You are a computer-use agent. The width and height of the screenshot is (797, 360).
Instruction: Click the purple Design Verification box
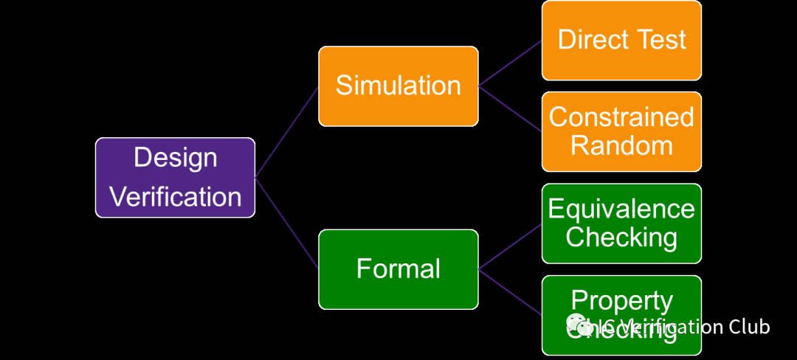(x=175, y=177)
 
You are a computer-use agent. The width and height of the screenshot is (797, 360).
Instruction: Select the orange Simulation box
(x=398, y=86)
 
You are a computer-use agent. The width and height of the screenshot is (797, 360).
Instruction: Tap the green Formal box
(x=398, y=269)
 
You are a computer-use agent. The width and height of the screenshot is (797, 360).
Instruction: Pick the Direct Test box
(x=621, y=40)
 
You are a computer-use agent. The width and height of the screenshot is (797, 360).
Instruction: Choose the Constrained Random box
(x=621, y=131)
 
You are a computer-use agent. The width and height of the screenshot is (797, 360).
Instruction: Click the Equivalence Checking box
(x=621, y=223)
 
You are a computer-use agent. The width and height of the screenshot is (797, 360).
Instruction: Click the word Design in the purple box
(x=175, y=158)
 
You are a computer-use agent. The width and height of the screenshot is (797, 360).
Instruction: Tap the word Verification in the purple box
(x=175, y=197)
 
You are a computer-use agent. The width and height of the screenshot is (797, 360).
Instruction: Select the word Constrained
(x=621, y=117)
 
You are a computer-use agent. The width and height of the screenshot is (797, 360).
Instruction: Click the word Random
(x=621, y=145)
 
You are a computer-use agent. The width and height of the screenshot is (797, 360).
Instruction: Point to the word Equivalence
(x=621, y=209)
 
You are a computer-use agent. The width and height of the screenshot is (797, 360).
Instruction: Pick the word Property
(x=621, y=301)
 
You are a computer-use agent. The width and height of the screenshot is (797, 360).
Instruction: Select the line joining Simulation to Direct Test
(x=510, y=63)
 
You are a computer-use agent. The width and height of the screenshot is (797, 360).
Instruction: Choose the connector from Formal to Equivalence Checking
(x=510, y=246)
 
